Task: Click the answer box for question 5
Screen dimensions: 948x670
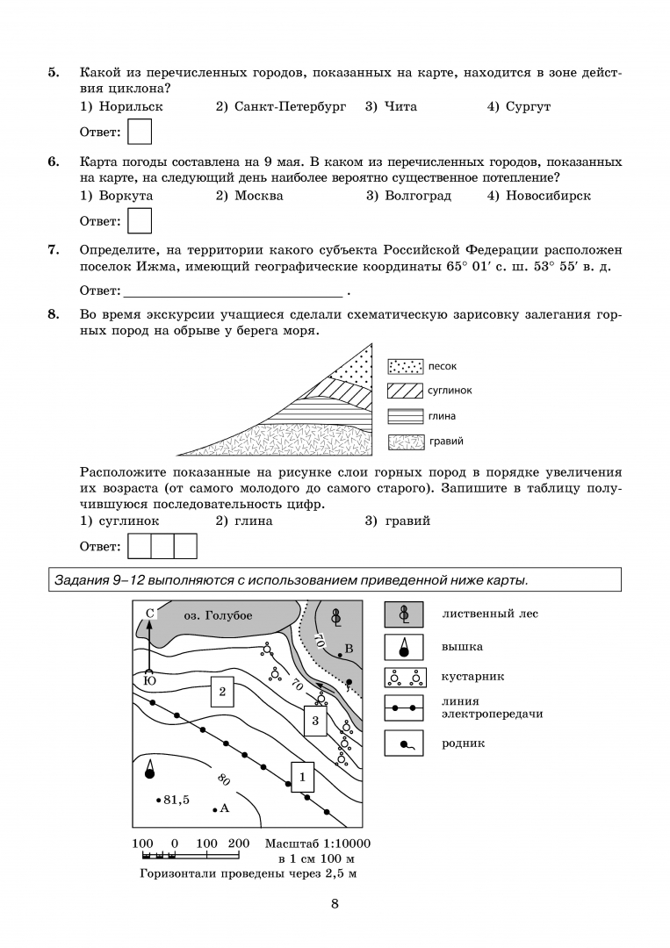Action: tap(140, 132)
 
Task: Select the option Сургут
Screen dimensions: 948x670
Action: tap(528, 107)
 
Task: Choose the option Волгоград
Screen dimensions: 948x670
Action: tap(417, 196)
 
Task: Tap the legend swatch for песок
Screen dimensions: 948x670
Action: tap(405, 366)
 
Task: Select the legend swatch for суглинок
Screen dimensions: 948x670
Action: tap(405, 391)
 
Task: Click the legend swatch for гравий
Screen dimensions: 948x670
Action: tap(405, 442)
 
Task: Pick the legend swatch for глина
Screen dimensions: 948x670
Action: tap(405, 416)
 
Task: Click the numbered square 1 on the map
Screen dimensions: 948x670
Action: tap(302, 776)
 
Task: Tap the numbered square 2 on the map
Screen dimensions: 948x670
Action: tap(222, 692)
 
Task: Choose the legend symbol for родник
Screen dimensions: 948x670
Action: tap(405, 744)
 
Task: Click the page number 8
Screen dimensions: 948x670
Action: tap(335, 905)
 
